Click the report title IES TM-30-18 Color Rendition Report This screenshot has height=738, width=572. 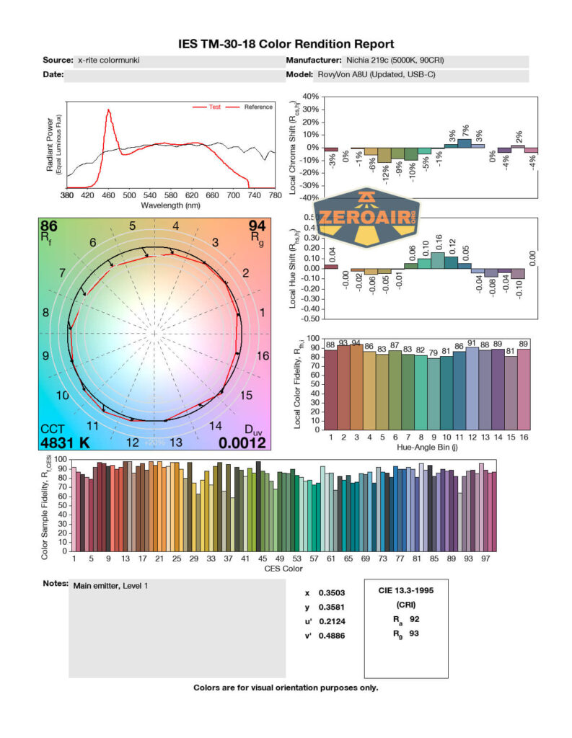(286, 44)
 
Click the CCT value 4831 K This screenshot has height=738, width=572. (65, 443)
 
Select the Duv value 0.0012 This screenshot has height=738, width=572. (243, 443)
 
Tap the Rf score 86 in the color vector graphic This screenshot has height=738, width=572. (49, 226)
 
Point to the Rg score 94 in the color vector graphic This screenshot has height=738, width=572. (257, 226)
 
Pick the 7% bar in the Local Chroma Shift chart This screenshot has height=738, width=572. (465, 143)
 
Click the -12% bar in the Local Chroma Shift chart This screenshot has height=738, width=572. (384, 155)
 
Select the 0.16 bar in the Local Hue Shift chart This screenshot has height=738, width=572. (438, 260)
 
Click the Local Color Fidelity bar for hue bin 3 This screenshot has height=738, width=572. (357, 387)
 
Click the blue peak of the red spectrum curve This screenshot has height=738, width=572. (109, 111)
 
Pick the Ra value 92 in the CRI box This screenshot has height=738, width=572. (413, 619)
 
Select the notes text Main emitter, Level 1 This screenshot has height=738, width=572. (111, 586)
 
